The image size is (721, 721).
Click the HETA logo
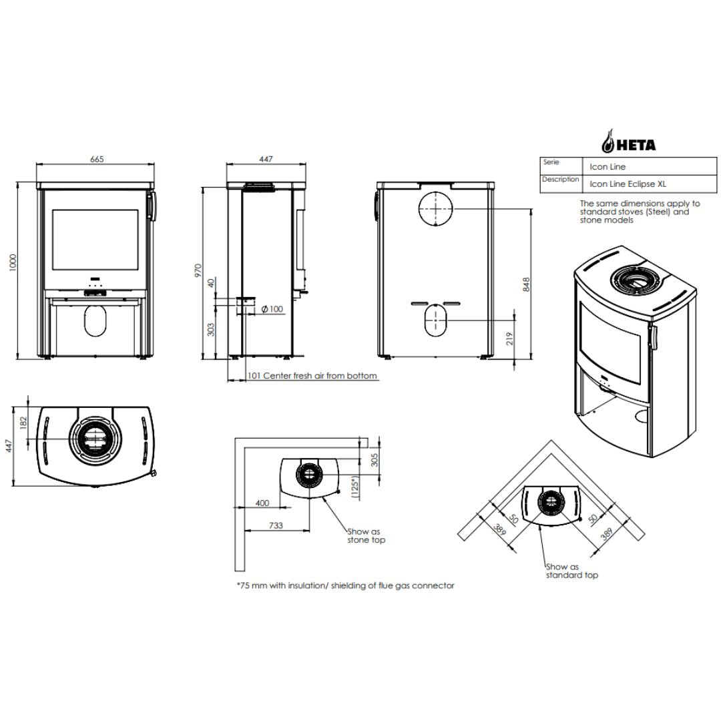click(x=629, y=141)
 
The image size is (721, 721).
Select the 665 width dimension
click(x=97, y=159)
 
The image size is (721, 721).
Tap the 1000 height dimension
click(x=13, y=262)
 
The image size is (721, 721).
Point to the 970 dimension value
click(x=198, y=270)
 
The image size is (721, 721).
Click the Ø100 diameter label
click(x=272, y=309)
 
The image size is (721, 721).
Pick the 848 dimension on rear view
click(x=527, y=284)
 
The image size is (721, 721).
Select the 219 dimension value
click(x=509, y=339)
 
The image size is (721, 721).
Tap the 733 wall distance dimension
click(x=276, y=525)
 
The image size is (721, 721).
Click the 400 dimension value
click(x=262, y=503)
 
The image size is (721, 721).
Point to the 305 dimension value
click(x=375, y=460)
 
